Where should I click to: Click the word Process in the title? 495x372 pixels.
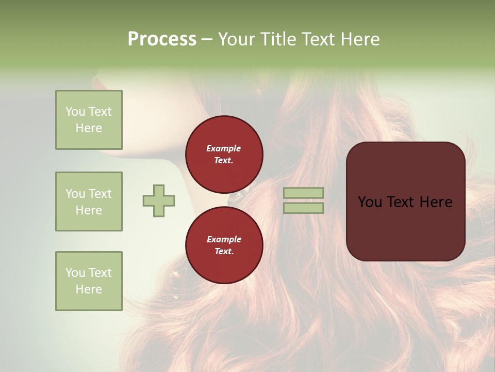(162, 39)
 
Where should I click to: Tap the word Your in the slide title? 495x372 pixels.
(237, 39)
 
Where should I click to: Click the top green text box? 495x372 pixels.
(89, 120)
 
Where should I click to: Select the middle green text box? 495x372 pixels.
(89, 202)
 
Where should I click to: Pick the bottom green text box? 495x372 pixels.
(89, 281)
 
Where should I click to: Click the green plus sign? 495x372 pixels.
(159, 200)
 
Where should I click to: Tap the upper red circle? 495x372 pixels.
(224, 154)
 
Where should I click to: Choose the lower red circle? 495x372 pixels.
(224, 245)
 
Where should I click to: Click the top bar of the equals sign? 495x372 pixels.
(304, 193)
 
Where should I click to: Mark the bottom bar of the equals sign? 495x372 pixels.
(304, 208)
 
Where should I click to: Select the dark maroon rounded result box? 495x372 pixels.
(405, 227)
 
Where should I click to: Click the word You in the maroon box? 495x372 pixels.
(369, 202)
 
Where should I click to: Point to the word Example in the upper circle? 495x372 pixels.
(224, 148)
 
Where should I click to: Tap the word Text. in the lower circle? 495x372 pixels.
(224, 252)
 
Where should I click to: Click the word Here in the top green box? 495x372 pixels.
(89, 128)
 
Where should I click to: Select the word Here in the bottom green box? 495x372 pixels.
(89, 289)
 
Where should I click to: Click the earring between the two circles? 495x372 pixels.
(239, 196)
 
